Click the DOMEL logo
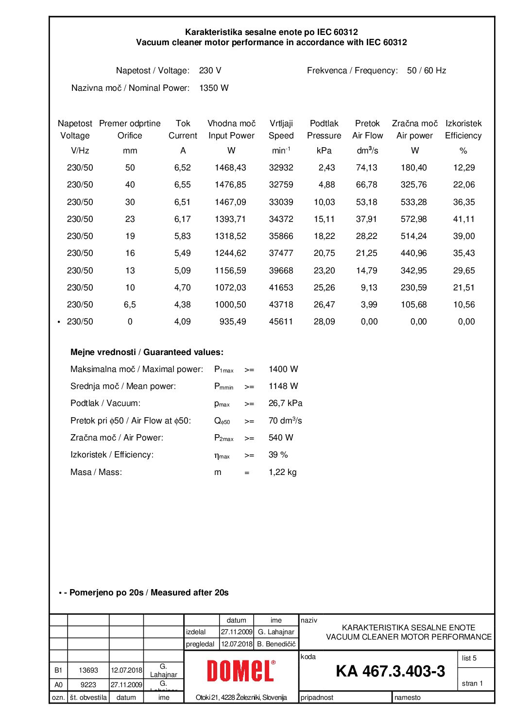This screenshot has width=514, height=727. coord(241,671)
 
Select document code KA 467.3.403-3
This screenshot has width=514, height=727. coord(390,671)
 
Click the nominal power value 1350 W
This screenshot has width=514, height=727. coord(214,88)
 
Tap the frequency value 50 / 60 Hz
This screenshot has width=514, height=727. coord(427,70)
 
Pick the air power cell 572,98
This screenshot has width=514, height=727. coord(413,219)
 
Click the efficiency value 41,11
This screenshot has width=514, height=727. coord(463,219)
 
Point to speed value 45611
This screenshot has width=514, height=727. coord(281,321)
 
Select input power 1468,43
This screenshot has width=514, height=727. coord(230,168)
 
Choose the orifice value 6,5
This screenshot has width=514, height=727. coord(130,304)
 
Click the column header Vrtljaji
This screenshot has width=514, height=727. coord(281,123)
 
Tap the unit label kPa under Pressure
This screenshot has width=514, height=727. coord(324,151)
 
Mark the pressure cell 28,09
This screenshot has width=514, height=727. coord(324,321)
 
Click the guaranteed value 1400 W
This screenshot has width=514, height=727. coord(283,369)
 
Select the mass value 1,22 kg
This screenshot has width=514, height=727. coord(282,472)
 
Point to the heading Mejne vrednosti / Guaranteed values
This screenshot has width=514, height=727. coord(147,352)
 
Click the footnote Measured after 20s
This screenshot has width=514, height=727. coord(189,592)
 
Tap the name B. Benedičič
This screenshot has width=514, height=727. coord(276,644)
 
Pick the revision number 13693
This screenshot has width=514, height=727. coord(88,670)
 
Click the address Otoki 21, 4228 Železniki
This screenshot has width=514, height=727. coord(241,697)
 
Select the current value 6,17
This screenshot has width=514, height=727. coord(182,219)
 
